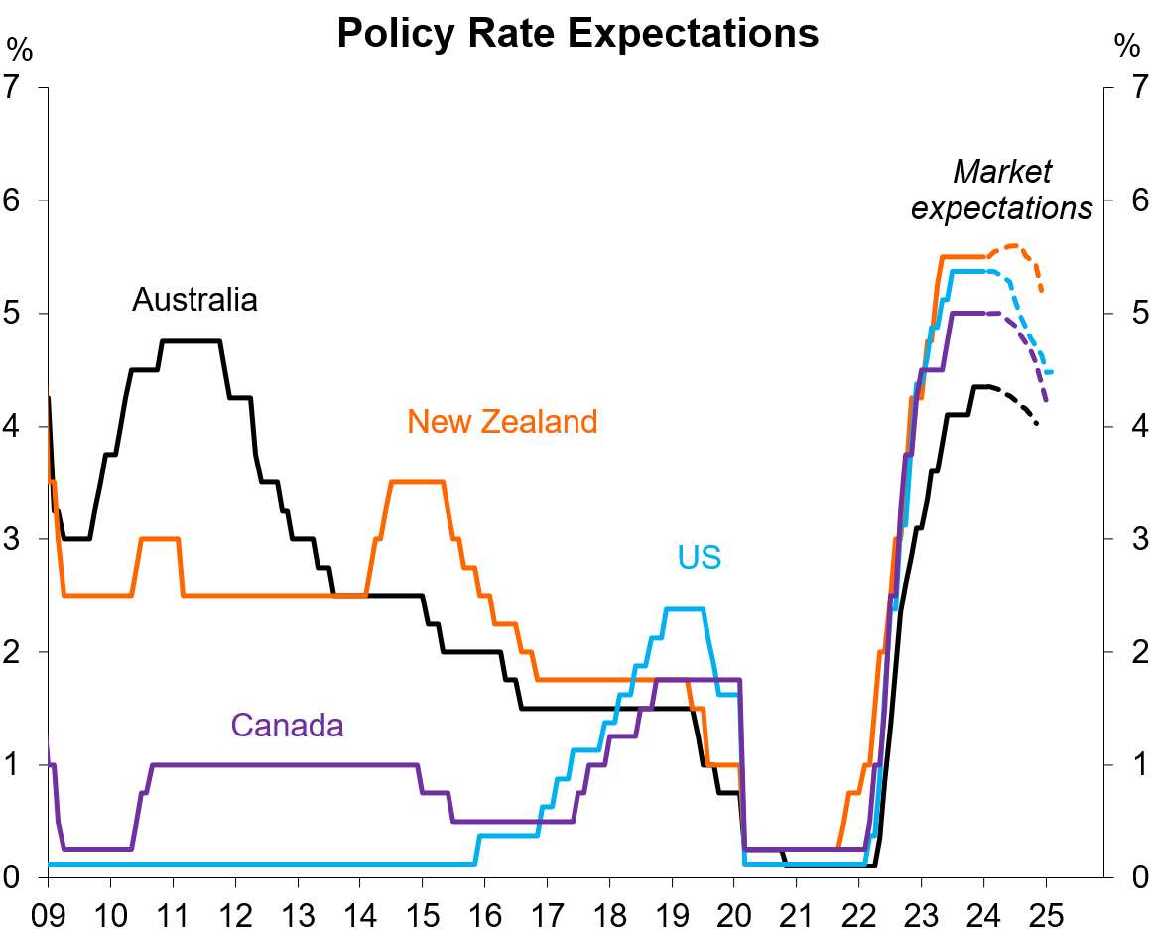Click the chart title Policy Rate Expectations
(577, 33)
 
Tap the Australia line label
(194, 299)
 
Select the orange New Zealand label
(502, 422)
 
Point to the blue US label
(700, 557)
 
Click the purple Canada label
(287, 725)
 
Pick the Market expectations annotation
(1002, 190)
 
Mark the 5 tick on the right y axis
(1130, 313)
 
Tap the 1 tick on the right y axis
(1130, 764)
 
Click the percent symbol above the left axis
(18, 47)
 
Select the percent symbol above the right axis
(1127, 47)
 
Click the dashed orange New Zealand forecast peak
(1013, 245)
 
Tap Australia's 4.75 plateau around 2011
(191, 341)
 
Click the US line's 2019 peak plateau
(685, 608)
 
